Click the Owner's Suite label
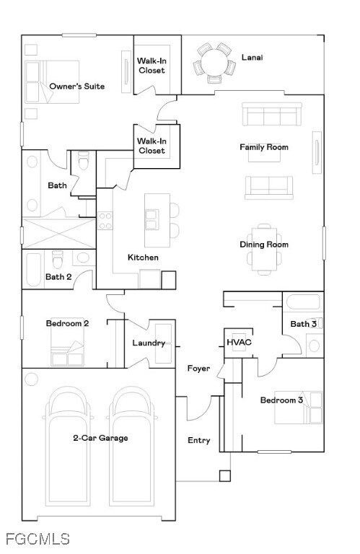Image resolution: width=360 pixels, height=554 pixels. [76, 87]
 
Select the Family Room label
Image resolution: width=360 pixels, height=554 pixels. [264, 147]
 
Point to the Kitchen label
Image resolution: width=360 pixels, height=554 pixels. [143, 258]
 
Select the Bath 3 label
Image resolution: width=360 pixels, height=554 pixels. [304, 324]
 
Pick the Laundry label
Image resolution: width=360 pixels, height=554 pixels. [149, 343]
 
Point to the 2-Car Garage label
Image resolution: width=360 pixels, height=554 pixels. [100, 438]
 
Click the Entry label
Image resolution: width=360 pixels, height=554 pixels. [199, 440]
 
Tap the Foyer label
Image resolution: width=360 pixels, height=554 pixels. [199, 369]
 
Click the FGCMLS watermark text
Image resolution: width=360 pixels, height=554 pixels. [37, 539]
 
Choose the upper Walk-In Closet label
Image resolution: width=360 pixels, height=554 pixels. [152, 66]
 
